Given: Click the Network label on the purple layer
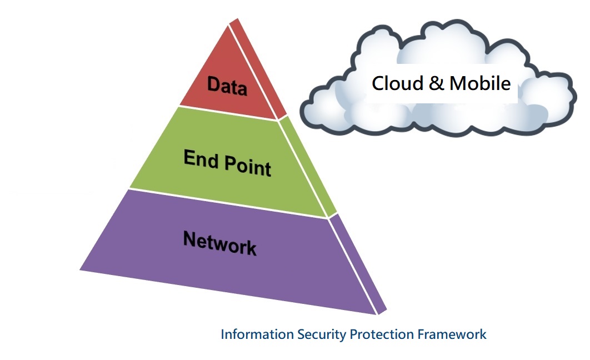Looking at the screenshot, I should [220, 243].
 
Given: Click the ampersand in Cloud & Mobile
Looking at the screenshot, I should [437, 83].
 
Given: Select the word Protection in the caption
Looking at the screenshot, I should [382, 334].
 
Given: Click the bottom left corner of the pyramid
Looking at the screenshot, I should [81, 270].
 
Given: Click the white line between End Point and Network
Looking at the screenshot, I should [228, 203].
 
